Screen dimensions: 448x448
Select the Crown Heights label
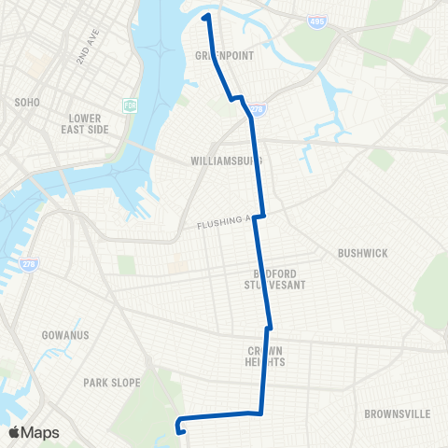coord(264,356)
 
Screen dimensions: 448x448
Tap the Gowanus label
coord(64,334)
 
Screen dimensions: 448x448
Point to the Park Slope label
coord(111,382)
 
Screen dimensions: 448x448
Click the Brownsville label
coord(395,413)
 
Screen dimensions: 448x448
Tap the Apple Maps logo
coord(33,432)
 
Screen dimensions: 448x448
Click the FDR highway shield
coord(130,105)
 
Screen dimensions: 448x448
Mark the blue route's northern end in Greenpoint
coord(205,16)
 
